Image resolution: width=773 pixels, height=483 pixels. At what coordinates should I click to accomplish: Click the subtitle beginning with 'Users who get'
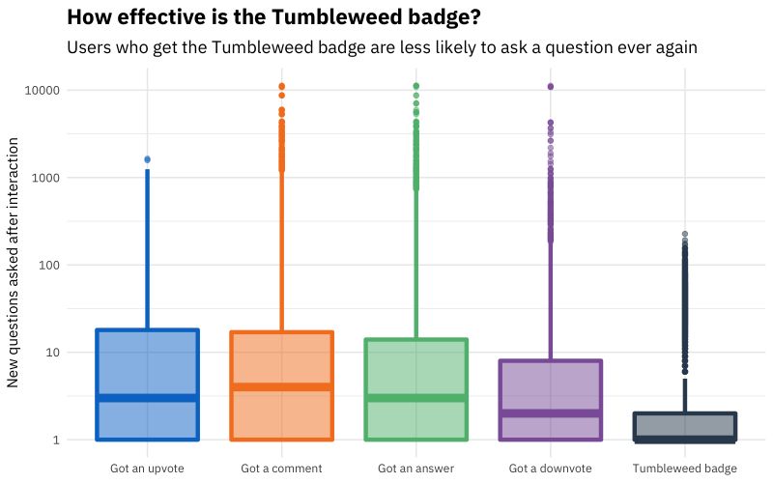coord(382,46)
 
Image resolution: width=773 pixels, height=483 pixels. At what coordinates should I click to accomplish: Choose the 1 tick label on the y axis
coord(54,440)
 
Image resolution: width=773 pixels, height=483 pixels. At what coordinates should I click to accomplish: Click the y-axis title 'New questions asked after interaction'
coord(14,262)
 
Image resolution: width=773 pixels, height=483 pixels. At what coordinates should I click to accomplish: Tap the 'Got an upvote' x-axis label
coord(147,469)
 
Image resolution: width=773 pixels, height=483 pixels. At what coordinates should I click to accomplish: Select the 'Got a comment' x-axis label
coord(281,469)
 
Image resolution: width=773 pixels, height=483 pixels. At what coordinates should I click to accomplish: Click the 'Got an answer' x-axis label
coord(416,469)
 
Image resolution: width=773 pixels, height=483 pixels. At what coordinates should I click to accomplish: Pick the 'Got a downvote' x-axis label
coord(551,469)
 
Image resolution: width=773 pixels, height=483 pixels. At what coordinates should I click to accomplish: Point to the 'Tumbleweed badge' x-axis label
coord(685,469)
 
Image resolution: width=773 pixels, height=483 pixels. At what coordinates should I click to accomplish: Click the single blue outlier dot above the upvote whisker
coord(147,159)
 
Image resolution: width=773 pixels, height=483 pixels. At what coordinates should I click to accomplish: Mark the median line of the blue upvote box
coord(147,397)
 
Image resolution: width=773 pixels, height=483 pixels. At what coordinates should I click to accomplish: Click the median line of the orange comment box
coord(281,386)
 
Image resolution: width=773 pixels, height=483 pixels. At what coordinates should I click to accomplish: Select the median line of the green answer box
coord(416,397)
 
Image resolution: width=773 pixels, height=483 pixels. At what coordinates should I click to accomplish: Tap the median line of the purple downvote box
coord(551,412)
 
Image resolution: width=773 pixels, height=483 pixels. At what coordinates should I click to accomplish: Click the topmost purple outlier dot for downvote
coord(551,87)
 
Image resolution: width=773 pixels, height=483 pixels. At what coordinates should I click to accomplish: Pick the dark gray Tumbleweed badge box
coord(685,426)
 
